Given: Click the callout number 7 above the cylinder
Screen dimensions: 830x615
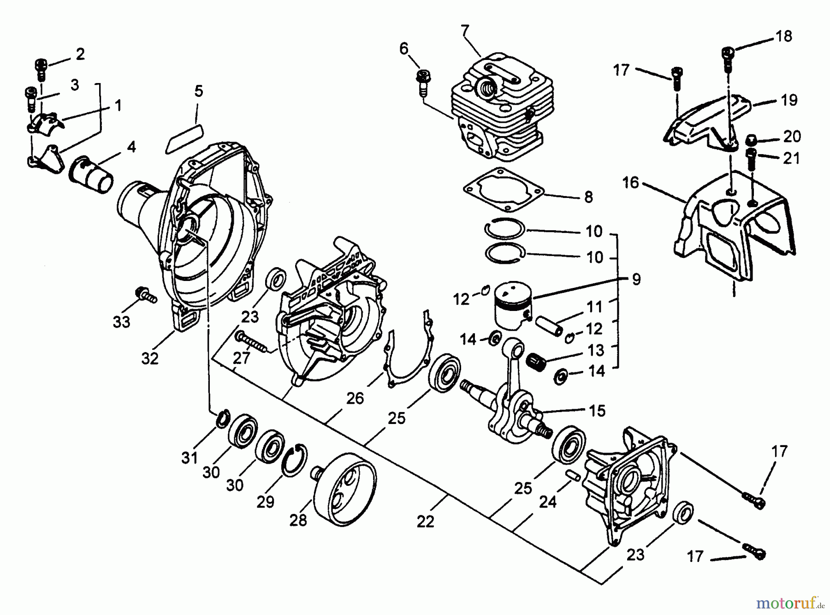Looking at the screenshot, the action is pos(464,31).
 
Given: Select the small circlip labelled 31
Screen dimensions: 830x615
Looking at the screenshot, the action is pos(222,418).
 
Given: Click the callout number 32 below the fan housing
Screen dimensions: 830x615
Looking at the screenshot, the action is pos(150,358).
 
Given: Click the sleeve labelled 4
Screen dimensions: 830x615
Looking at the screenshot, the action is pos(91,174).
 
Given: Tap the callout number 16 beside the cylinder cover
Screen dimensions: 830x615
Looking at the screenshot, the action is pos(631,183).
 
